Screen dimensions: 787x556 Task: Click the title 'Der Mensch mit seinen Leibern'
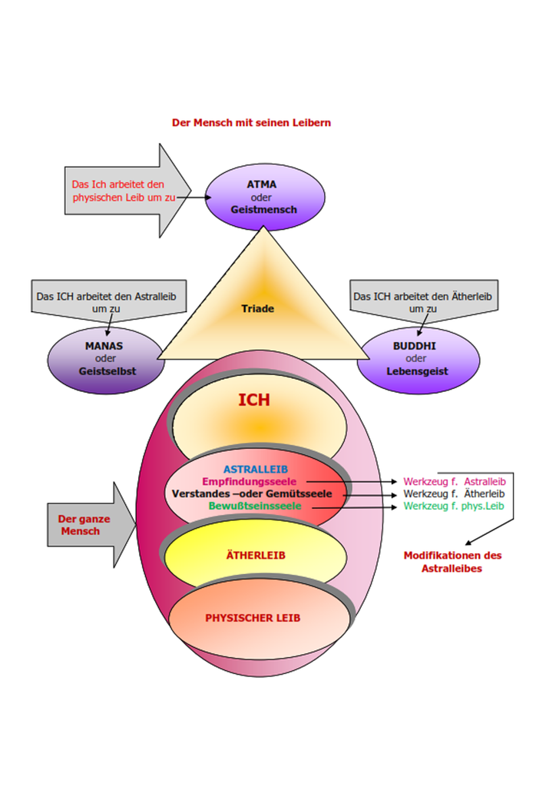[251, 123]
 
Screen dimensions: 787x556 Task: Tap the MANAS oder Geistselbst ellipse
[104, 359]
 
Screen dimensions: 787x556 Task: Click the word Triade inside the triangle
[257, 309]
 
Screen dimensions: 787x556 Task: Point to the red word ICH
[253, 400]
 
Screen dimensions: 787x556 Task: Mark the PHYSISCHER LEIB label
[252, 618]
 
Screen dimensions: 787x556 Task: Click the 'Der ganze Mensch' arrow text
[84, 525]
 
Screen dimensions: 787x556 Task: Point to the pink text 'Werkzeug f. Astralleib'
[454, 482]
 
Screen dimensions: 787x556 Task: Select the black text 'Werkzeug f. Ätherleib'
[454, 493]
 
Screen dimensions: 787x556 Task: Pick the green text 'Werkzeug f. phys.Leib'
[454, 506]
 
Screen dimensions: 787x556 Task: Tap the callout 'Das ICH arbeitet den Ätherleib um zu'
[422, 301]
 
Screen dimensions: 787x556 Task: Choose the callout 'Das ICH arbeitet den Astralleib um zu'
[110, 301]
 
